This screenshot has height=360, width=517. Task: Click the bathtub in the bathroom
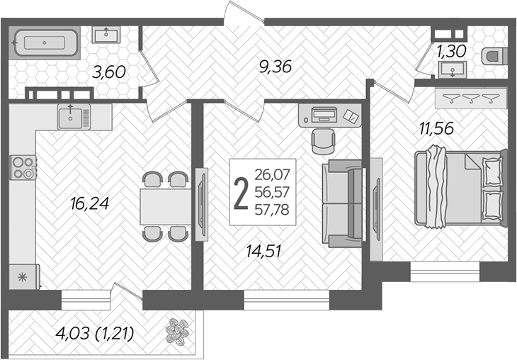tap(45, 43)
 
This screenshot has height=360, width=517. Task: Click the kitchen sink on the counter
tap(73, 116)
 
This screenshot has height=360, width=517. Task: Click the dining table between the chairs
tap(164, 206)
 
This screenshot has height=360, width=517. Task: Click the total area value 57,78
tap(275, 210)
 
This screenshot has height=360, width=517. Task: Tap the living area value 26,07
tap(275, 173)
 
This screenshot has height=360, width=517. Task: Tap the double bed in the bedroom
tap(460, 188)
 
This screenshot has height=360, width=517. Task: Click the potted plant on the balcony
tap(176, 333)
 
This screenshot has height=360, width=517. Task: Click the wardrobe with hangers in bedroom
tap(471, 98)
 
